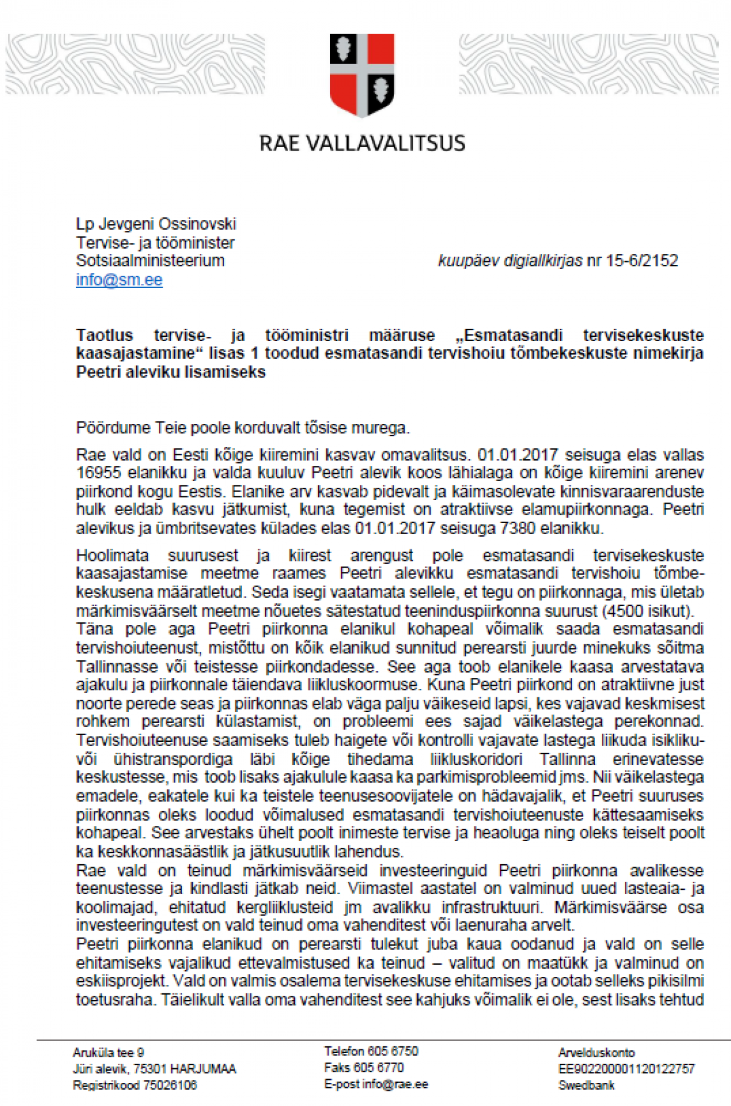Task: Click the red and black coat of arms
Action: pyautogui.click(x=362, y=75)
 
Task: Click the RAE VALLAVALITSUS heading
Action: pyautogui.click(x=362, y=143)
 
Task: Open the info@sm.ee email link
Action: pyautogui.click(x=119, y=280)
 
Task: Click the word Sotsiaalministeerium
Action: pyautogui.click(x=150, y=261)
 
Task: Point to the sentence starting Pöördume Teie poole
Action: pyautogui.click(x=242, y=428)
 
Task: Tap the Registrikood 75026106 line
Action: pyautogui.click(x=135, y=1085)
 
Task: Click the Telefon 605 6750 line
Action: pyautogui.click(x=371, y=1051)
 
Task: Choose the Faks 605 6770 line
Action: pyautogui.click(x=364, y=1068)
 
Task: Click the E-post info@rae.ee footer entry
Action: pyautogui.click(x=376, y=1084)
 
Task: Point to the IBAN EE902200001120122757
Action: pyautogui.click(x=626, y=1069)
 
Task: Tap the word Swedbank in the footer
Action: pyautogui.click(x=586, y=1085)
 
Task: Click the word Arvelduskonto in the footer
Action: pyautogui.click(x=596, y=1052)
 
